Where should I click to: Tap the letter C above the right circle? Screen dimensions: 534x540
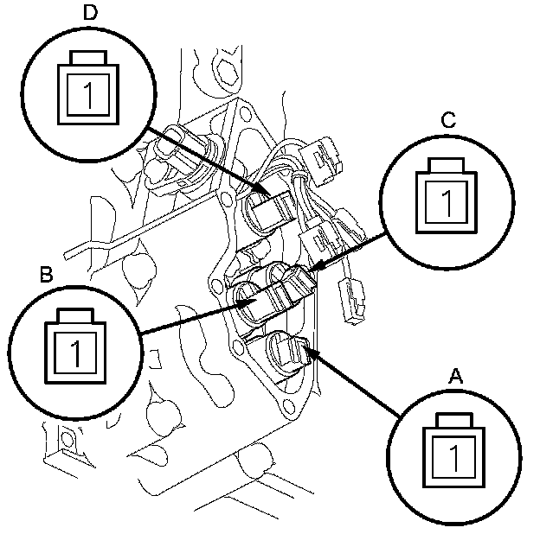click(x=448, y=122)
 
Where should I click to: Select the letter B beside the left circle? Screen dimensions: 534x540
click(x=48, y=275)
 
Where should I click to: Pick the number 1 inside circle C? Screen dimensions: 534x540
click(x=447, y=204)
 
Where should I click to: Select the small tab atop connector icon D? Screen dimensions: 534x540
click(x=87, y=57)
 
